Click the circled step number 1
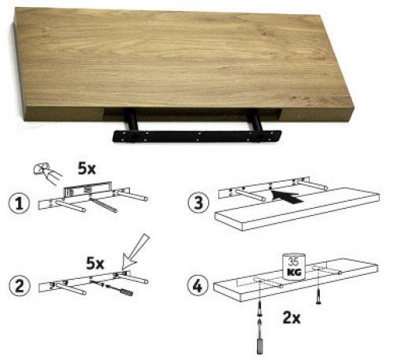tap(19, 203)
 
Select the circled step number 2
tap(19, 286)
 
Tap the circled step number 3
tap(199, 202)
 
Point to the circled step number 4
tap(197, 285)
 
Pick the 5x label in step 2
tap(95, 263)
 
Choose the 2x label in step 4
tap(292, 317)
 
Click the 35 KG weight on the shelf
tap(294, 266)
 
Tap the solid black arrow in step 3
tap(287, 198)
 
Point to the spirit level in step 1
tap(88, 189)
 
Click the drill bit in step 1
tap(103, 206)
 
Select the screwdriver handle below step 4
tap(259, 347)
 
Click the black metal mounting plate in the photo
tap(197, 136)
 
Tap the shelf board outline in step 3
tap(297, 210)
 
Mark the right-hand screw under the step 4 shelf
tap(318, 296)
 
